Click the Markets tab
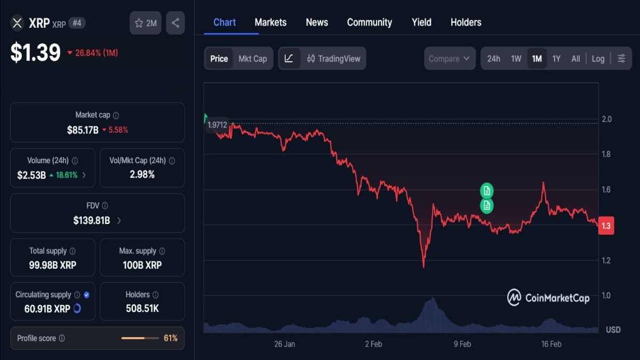tap(270, 22)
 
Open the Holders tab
tap(466, 22)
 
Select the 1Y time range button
tap(556, 59)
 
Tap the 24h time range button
tap(493, 59)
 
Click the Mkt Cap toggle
tap(252, 59)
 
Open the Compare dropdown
tap(450, 59)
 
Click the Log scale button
tap(598, 59)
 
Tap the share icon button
tap(175, 23)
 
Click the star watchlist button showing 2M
tap(145, 23)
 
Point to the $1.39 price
tap(35, 52)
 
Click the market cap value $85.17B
tap(83, 130)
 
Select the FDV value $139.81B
tap(91, 220)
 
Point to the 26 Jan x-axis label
tap(284, 344)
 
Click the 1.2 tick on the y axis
tap(606, 260)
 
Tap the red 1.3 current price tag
tap(606, 226)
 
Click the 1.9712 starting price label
tap(217, 125)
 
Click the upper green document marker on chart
tap(486, 190)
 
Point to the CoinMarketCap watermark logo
tap(548, 298)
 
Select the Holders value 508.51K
tap(142, 308)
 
